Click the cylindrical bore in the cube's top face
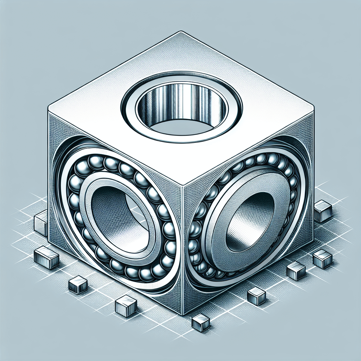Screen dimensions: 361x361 click(x=182, y=106)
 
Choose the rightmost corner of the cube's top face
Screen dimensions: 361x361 click(x=313, y=106)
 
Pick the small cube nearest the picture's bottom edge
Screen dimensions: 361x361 click(x=200, y=323)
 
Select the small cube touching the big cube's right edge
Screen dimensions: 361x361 click(x=322, y=211)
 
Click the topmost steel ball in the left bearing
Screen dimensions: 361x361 click(x=96, y=162)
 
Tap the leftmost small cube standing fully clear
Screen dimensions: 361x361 click(x=46, y=258)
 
